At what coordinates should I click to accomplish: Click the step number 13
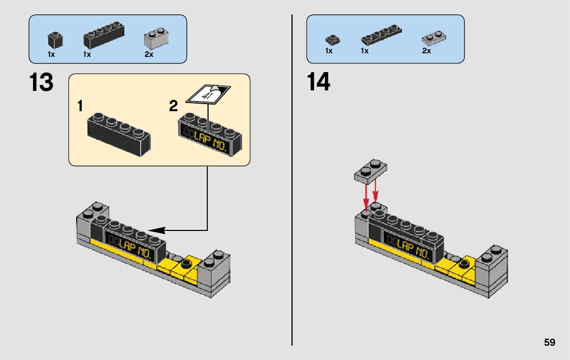pos(41,82)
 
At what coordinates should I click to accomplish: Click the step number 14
pos(319,82)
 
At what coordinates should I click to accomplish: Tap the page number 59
pos(549,342)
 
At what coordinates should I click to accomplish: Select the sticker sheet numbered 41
pos(209,94)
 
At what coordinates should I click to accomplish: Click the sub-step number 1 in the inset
pos(81,106)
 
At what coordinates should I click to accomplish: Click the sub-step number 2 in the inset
pos(174,106)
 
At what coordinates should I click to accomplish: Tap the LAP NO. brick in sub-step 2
pos(210,135)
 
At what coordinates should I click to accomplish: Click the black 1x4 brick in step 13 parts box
pos(105,36)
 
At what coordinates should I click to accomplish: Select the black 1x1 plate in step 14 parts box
pos(332,39)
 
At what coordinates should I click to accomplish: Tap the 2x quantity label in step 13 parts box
pos(149,54)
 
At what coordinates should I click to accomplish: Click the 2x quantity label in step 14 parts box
pos(426,51)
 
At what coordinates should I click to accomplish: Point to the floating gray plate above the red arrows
pos(370,170)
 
